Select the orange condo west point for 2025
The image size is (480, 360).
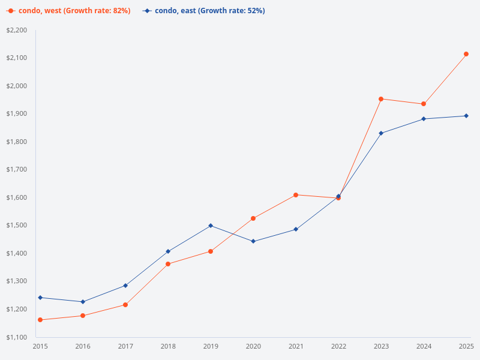point(466,54)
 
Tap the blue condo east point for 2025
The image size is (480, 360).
point(466,116)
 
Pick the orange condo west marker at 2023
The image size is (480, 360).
point(381,99)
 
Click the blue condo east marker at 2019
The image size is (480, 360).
point(211,226)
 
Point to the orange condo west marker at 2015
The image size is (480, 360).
point(40,320)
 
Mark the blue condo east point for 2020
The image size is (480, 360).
point(253,241)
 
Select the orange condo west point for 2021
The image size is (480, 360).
point(296,195)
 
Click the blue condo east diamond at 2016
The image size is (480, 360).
point(83,302)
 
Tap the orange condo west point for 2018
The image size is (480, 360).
point(168,264)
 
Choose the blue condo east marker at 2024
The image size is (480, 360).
point(424,119)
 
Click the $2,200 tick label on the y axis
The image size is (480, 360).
point(17,30)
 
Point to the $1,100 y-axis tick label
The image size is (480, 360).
point(17,337)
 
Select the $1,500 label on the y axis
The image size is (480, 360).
point(17,226)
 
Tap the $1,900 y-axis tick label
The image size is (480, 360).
point(17,114)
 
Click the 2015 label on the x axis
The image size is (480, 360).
point(40,347)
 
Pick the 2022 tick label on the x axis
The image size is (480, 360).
point(338,347)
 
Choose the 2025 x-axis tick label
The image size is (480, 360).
point(466,347)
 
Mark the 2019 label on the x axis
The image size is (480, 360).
point(211,347)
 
